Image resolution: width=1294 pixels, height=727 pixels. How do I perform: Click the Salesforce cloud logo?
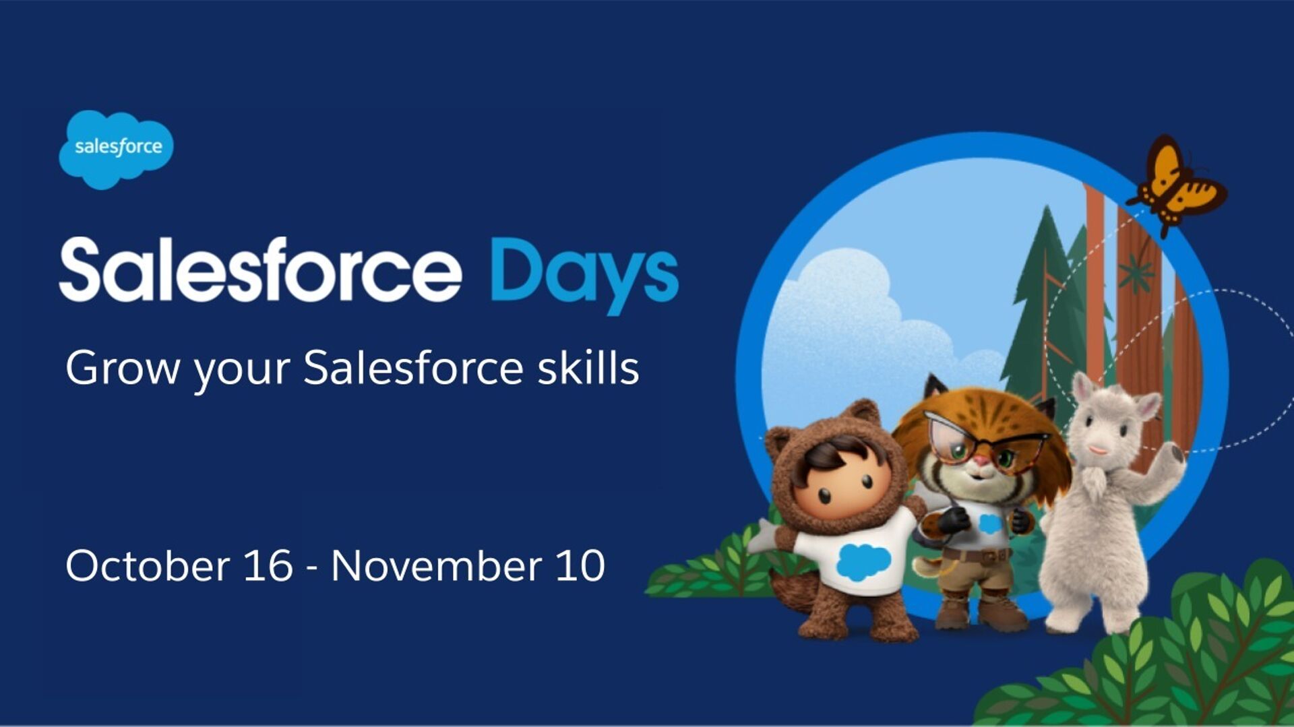tap(116, 149)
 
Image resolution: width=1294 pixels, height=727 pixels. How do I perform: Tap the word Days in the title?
tap(584, 274)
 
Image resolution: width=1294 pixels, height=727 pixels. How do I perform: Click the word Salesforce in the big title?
tap(261, 270)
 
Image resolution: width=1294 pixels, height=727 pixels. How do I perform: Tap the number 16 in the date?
tap(268, 565)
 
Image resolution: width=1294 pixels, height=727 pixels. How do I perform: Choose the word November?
tap(437, 565)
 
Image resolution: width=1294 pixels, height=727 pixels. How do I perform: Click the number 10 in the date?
tap(580, 565)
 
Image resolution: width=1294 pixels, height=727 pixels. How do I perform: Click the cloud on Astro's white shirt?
tap(863, 561)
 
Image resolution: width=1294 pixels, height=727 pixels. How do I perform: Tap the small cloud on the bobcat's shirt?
tap(989, 524)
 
